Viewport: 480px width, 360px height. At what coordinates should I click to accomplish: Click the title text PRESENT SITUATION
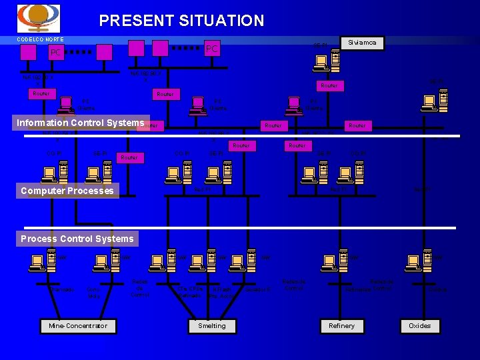coord(181,21)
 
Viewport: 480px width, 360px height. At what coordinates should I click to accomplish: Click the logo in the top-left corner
coord(38,18)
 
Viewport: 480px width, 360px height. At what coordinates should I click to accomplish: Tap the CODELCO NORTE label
coord(41,39)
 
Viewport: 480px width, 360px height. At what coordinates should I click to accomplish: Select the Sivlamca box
coord(362,43)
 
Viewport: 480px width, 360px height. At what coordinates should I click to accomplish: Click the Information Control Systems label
coord(80,123)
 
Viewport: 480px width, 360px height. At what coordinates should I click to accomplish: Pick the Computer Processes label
coord(67,191)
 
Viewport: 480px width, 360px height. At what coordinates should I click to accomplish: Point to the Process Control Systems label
coord(77,239)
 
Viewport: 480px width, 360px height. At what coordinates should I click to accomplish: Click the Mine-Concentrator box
coord(78,326)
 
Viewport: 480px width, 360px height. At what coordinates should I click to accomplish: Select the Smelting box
coord(212,326)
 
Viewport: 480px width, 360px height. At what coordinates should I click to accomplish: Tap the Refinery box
coord(342,326)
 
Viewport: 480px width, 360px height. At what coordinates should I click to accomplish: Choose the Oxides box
coord(420,326)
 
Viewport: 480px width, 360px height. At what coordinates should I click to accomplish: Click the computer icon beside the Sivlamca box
coord(327,60)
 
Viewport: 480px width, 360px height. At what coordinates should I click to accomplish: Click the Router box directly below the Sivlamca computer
coord(329,85)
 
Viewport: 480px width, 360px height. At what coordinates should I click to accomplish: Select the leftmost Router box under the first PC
coord(41,94)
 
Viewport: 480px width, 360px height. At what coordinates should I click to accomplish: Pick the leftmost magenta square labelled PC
coord(56,52)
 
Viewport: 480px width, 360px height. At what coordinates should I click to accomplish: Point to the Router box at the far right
coord(357,125)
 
